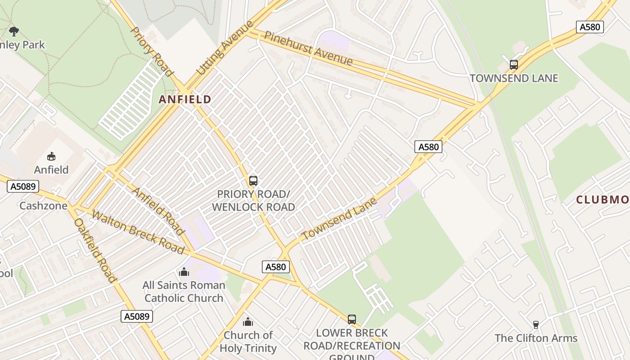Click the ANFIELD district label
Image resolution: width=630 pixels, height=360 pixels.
tap(185, 99)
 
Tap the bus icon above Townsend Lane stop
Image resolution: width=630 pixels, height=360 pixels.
tap(514, 64)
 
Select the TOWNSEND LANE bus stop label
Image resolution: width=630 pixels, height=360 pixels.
tap(513, 78)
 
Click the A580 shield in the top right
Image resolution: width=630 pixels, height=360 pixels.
tap(589, 27)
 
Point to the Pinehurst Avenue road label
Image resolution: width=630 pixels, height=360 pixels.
tap(308, 48)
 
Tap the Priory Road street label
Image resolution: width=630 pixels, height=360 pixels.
tap(151, 51)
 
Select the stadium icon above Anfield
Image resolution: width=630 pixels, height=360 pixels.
tap(51, 156)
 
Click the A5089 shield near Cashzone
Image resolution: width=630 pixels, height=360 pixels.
tap(23, 186)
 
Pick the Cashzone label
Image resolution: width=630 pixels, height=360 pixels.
tap(43, 206)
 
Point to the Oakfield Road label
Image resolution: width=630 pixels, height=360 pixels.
tap(95, 250)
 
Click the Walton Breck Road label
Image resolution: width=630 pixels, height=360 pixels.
tap(138, 232)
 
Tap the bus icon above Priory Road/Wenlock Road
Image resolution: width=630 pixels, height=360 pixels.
tap(253, 181)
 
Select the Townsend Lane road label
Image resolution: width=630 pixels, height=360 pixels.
tap(339, 219)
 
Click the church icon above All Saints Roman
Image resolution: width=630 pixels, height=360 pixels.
tap(184, 272)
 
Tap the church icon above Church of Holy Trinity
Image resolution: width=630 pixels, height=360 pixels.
tap(248, 322)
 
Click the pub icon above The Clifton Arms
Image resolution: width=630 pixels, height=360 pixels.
tap(535, 324)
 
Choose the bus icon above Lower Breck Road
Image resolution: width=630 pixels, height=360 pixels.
tap(352, 319)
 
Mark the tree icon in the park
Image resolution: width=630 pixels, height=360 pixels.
tap(14, 31)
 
